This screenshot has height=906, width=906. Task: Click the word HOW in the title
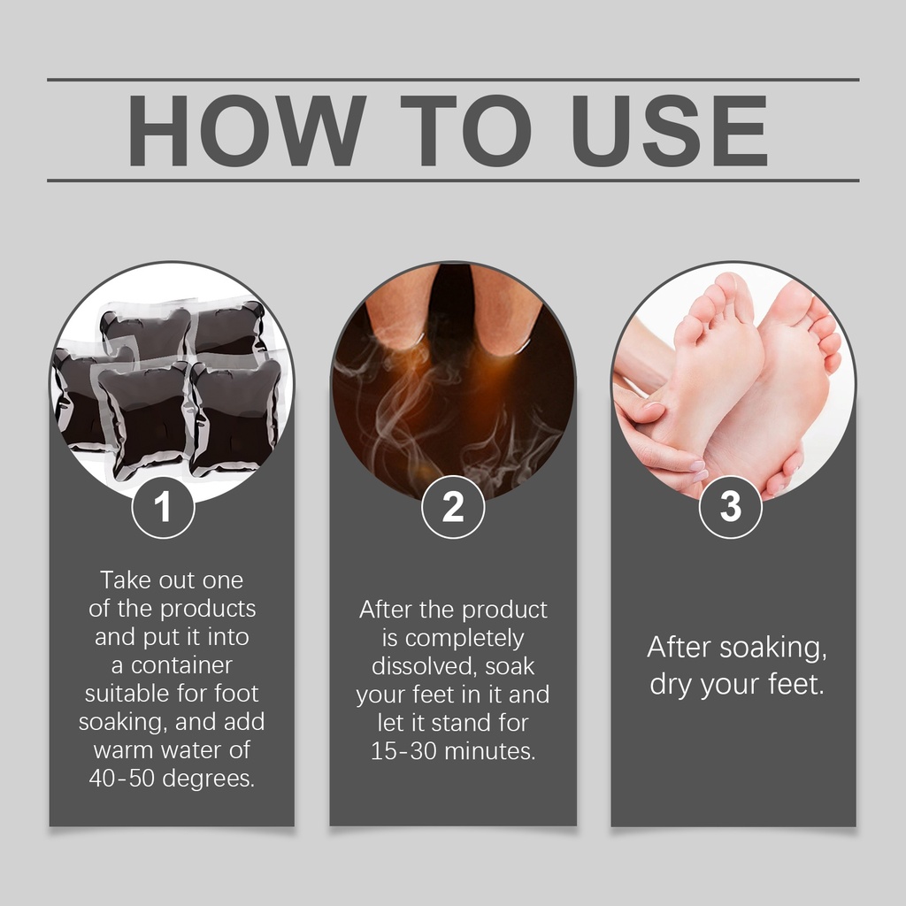[x=247, y=131]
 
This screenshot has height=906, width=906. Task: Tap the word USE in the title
[x=670, y=131]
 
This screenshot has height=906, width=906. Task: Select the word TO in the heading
[x=465, y=131]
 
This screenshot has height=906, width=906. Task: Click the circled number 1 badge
[x=163, y=507]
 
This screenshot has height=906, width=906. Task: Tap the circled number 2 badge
[x=453, y=507]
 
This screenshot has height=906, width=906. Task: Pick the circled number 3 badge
[x=730, y=507]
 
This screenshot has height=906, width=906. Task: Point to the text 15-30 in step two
[x=403, y=751]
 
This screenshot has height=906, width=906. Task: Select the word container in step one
[x=181, y=665]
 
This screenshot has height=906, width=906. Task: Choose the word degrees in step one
[x=209, y=779]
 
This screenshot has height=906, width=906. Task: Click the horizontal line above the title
[x=453, y=79]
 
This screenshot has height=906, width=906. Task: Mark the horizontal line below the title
[x=453, y=180]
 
